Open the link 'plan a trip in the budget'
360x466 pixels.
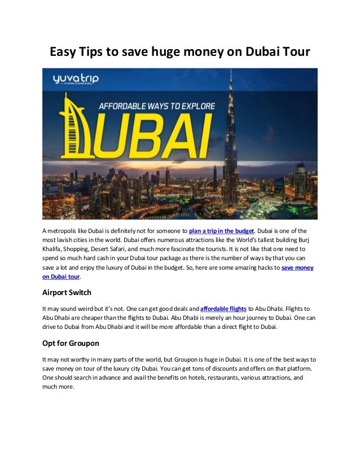pyautogui.click(x=222, y=231)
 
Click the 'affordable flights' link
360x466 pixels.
pyautogui.click(x=223, y=309)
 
